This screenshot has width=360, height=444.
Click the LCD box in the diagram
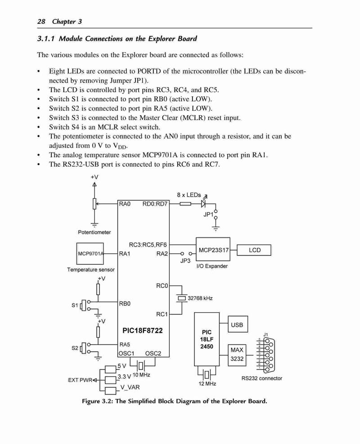254,250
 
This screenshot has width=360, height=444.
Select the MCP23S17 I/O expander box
213,249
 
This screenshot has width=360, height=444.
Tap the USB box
238,324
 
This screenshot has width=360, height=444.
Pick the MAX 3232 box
237,355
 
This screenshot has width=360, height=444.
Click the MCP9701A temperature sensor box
90,254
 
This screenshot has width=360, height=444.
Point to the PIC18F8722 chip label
143,331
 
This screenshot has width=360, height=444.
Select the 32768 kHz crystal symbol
181,298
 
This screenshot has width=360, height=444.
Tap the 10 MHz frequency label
141,375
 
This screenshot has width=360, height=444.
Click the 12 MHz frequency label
207,384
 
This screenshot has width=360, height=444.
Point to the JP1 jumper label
208,215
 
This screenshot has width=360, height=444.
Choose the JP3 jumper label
185,261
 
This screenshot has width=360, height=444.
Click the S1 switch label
75,305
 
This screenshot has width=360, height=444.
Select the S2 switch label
75,348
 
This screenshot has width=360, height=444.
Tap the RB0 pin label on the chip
125,304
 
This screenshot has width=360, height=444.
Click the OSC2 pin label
153,354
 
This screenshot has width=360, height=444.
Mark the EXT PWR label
80,380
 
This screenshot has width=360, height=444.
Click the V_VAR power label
130,387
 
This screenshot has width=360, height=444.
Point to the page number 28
41,22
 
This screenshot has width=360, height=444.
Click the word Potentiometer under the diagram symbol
94,232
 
